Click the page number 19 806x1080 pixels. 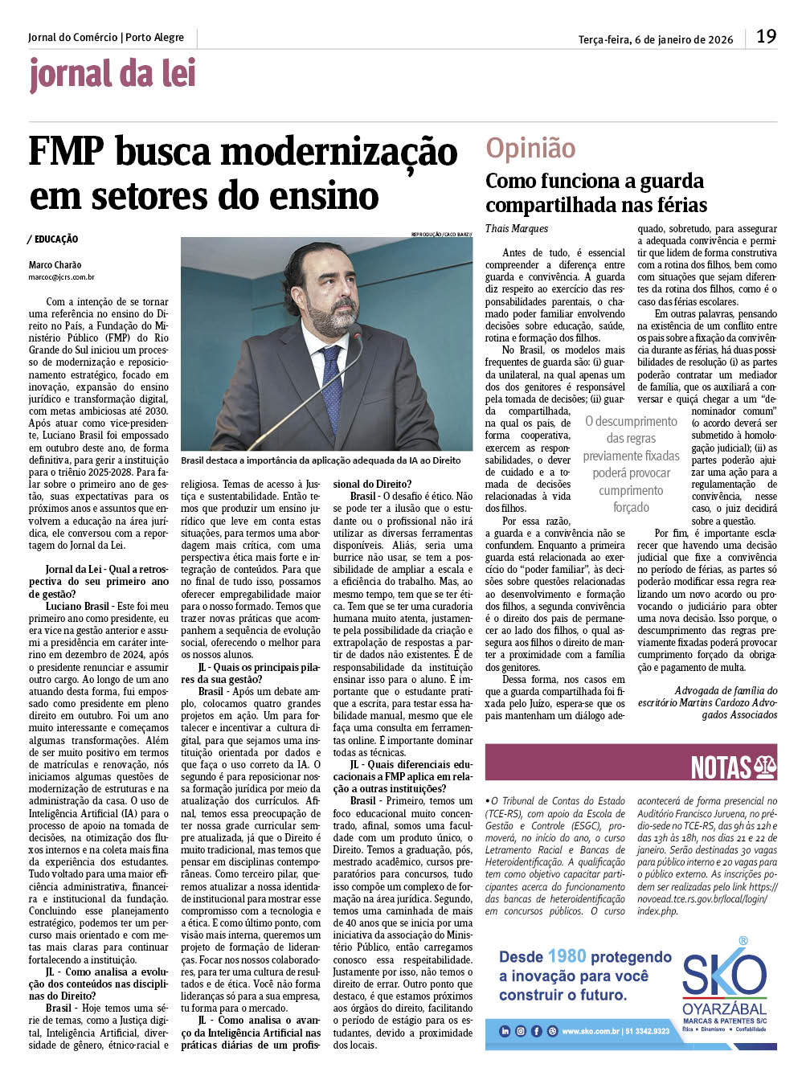(x=766, y=36)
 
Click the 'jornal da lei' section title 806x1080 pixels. (x=113, y=75)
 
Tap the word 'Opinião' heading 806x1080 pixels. (x=530, y=148)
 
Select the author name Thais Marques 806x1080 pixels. (x=516, y=229)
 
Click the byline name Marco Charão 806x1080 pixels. (x=55, y=264)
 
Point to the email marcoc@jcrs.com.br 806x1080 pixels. (x=61, y=277)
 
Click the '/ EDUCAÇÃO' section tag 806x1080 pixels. (x=52, y=239)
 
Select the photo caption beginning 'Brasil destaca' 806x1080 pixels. (x=321, y=460)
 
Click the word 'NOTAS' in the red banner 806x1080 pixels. (x=721, y=767)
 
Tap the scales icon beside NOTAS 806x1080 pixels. (x=765, y=767)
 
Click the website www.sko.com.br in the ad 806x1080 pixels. (x=591, y=1031)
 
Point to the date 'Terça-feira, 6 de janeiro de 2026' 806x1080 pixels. (x=655, y=39)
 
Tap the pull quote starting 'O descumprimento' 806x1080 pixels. (x=631, y=464)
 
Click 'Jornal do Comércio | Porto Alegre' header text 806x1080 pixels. (x=105, y=38)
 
